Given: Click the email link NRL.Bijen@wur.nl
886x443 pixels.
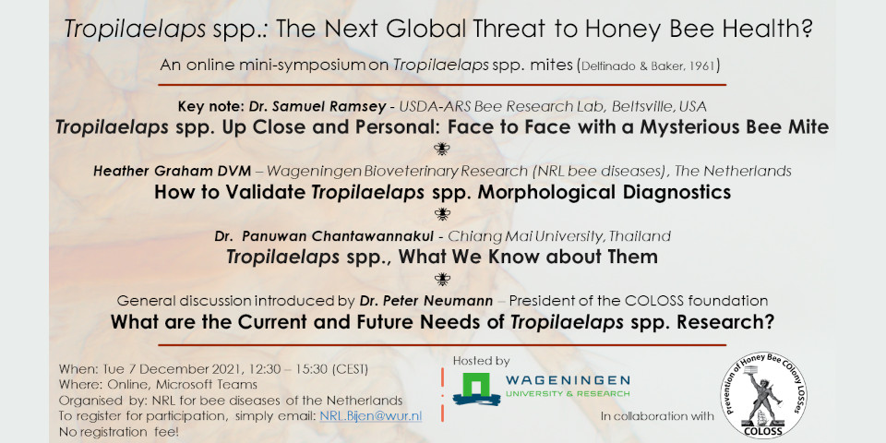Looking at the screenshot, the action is pos(371,416).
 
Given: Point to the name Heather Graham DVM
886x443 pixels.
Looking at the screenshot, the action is pos(172,171).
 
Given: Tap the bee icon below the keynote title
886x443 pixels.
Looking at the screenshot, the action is pos(442,149).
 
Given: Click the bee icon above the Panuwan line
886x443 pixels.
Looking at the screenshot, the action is pos(442,213).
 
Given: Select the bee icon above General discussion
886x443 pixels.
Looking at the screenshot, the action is pos(442,279).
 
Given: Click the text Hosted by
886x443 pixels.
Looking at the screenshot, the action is pos(481,361).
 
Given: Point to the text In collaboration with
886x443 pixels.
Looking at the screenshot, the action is pos(658,416).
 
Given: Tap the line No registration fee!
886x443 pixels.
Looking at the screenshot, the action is pos(112,432).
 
